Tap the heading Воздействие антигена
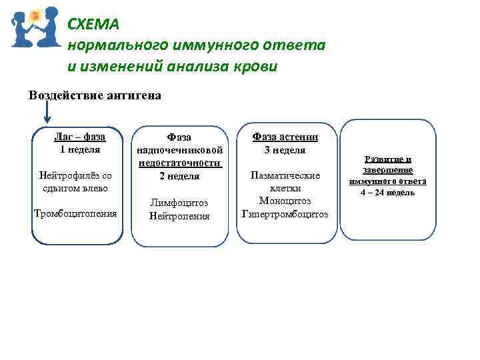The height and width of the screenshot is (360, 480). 95,95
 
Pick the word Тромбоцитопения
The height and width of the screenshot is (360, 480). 75,213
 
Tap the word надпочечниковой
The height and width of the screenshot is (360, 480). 179,150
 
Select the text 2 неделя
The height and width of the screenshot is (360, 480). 179,176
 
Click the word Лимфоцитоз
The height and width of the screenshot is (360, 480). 179,203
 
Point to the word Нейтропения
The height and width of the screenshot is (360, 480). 179,216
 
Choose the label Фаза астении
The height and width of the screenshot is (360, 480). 285,137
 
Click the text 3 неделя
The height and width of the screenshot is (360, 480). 285,150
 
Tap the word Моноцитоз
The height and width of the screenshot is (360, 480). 285,201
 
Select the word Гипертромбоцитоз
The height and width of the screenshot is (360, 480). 285,214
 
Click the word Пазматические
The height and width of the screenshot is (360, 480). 285,175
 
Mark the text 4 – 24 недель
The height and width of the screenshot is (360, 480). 388,193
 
